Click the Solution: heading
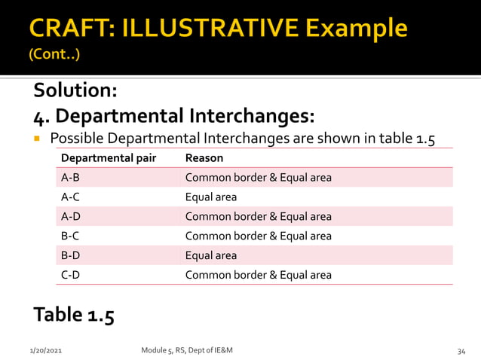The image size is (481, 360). (x=75, y=90)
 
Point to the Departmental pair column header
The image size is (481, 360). (x=108, y=158)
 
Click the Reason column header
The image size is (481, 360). (x=204, y=158)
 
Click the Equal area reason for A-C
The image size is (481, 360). (x=210, y=197)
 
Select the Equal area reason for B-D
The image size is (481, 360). (x=210, y=255)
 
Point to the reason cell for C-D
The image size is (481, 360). (x=258, y=275)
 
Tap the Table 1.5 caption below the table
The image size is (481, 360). (x=74, y=314)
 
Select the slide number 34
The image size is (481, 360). (x=462, y=351)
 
